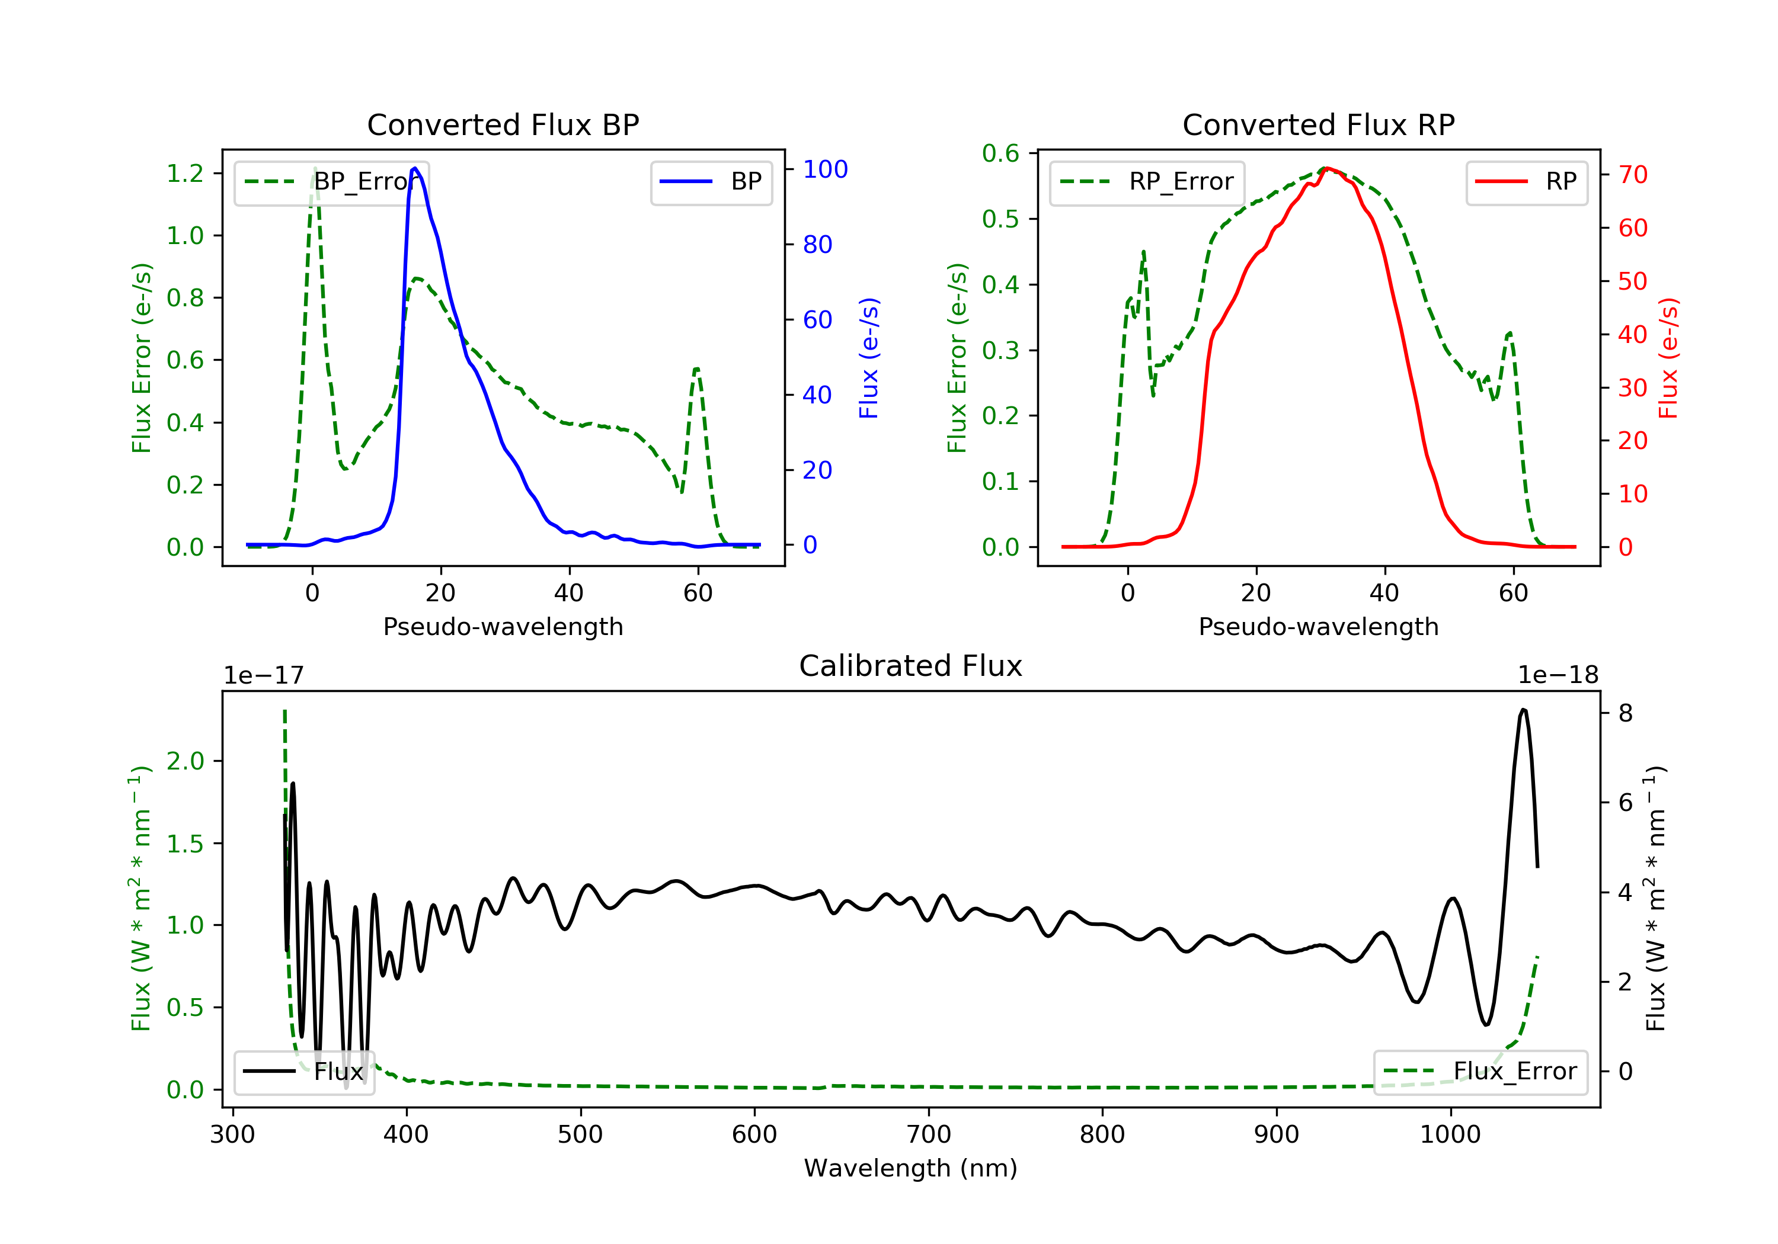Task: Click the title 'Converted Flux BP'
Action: [x=503, y=124]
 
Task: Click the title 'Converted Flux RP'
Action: [x=1318, y=124]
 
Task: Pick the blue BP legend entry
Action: [x=711, y=182]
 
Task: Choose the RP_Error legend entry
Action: [x=1146, y=182]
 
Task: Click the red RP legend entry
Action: [x=1526, y=182]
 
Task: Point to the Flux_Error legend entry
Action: [x=1480, y=1072]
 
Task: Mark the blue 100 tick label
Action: [x=825, y=169]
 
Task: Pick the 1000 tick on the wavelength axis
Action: [x=1450, y=1135]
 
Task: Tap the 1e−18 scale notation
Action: [x=1558, y=675]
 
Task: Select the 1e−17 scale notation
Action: [x=263, y=675]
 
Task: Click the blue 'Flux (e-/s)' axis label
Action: [x=869, y=358]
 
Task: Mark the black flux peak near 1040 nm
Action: [x=1523, y=709]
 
